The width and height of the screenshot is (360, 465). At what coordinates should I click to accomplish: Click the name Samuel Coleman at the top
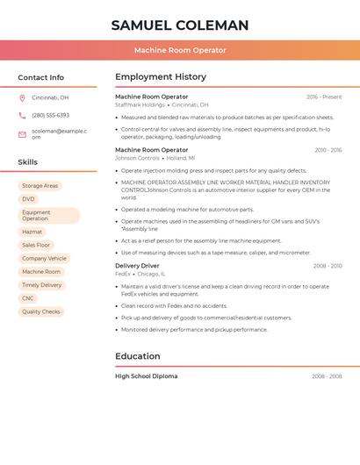[180, 25]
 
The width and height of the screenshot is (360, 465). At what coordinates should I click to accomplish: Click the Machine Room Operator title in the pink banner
[180, 50]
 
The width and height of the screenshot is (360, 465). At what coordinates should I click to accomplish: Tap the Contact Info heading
[40, 77]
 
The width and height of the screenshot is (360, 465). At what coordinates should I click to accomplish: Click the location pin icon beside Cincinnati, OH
[22, 98]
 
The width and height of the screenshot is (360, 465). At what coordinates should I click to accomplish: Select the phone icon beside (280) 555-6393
[22, 116]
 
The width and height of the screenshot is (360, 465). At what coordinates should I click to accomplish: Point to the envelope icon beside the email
[22, 134]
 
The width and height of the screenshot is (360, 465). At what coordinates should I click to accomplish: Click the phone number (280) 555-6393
[50, 116]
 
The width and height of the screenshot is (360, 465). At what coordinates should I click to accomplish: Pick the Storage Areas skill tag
[40, 186]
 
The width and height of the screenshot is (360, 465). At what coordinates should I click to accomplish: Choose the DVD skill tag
[29, 199]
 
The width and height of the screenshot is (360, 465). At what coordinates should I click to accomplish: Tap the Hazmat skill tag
[32, 232]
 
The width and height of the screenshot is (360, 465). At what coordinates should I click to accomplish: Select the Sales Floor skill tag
[36, 246]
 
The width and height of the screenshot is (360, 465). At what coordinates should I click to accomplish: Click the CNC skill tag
[28, 298]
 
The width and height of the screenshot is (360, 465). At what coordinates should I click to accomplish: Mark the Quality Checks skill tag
[41, 311]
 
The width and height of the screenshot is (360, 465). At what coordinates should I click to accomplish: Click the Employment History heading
[161, 77]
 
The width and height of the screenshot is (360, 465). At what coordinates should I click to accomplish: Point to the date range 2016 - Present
[324, 97]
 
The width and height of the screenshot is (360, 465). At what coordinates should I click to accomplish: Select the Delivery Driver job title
[137, 265]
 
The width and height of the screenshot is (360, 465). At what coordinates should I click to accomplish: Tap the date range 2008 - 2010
[327, 266]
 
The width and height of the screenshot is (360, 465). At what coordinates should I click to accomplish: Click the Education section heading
[138, 356]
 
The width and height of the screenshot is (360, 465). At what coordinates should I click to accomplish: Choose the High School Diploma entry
[146, 376]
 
